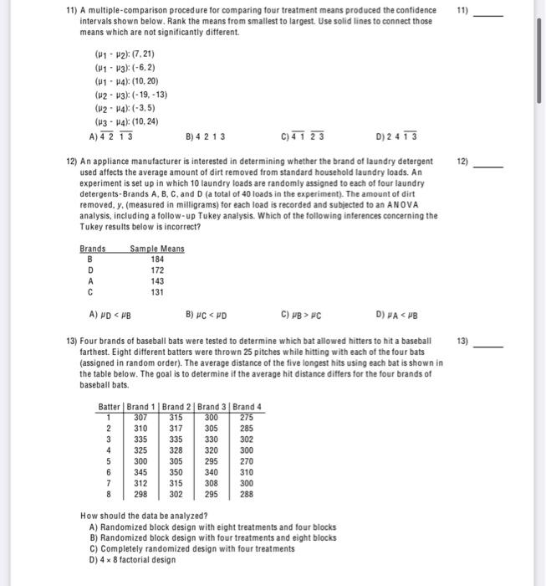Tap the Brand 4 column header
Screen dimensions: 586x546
pyautogui.click(x=247, y=407)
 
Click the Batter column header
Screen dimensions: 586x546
pyautogui.click(x=110, y=407)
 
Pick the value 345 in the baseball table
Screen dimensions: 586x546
pyautogui.click(x=140, y=471)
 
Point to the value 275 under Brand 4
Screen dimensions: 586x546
pyautogui.click(x=247, y=418)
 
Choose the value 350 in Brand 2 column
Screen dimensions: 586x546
pyautogui.click(x=176, y=471)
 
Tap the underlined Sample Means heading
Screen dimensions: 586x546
pyautogui.click(x=157, y=249)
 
